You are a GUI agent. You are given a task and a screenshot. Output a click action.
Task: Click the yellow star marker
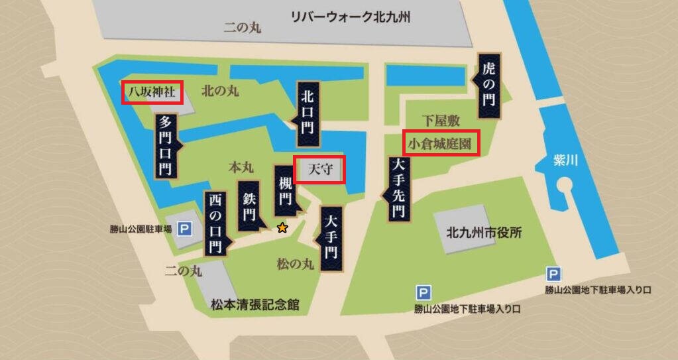click(282, 228)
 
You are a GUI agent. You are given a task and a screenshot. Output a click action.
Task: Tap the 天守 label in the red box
click(319, 169)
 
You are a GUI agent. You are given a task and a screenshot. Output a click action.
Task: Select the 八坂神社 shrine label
click(152, 91)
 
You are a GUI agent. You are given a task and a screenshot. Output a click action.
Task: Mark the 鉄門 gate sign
click(249, 206)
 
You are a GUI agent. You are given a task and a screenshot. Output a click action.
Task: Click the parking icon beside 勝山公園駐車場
click(185, 229)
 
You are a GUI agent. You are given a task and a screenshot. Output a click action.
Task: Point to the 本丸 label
click(238, 164)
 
